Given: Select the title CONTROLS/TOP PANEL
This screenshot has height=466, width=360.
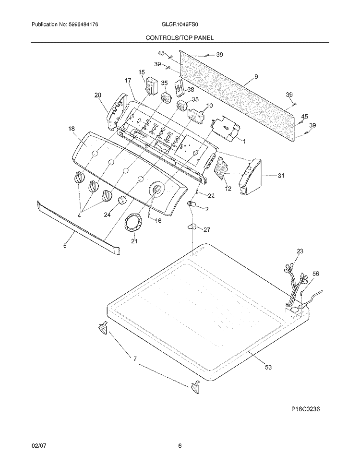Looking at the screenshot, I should point(180,37).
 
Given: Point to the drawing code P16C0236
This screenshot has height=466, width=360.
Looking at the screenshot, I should point(305,409).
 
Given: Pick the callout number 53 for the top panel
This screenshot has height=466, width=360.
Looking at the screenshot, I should point(268,367).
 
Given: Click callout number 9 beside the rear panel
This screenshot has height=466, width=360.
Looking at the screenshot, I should point(256,76).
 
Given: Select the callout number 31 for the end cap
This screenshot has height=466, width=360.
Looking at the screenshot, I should point(280,176).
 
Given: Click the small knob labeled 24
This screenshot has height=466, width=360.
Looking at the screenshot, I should point(122,200).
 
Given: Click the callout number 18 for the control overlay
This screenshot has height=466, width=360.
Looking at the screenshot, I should point(72,129).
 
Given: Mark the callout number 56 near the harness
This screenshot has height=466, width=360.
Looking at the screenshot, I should point(315,274).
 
